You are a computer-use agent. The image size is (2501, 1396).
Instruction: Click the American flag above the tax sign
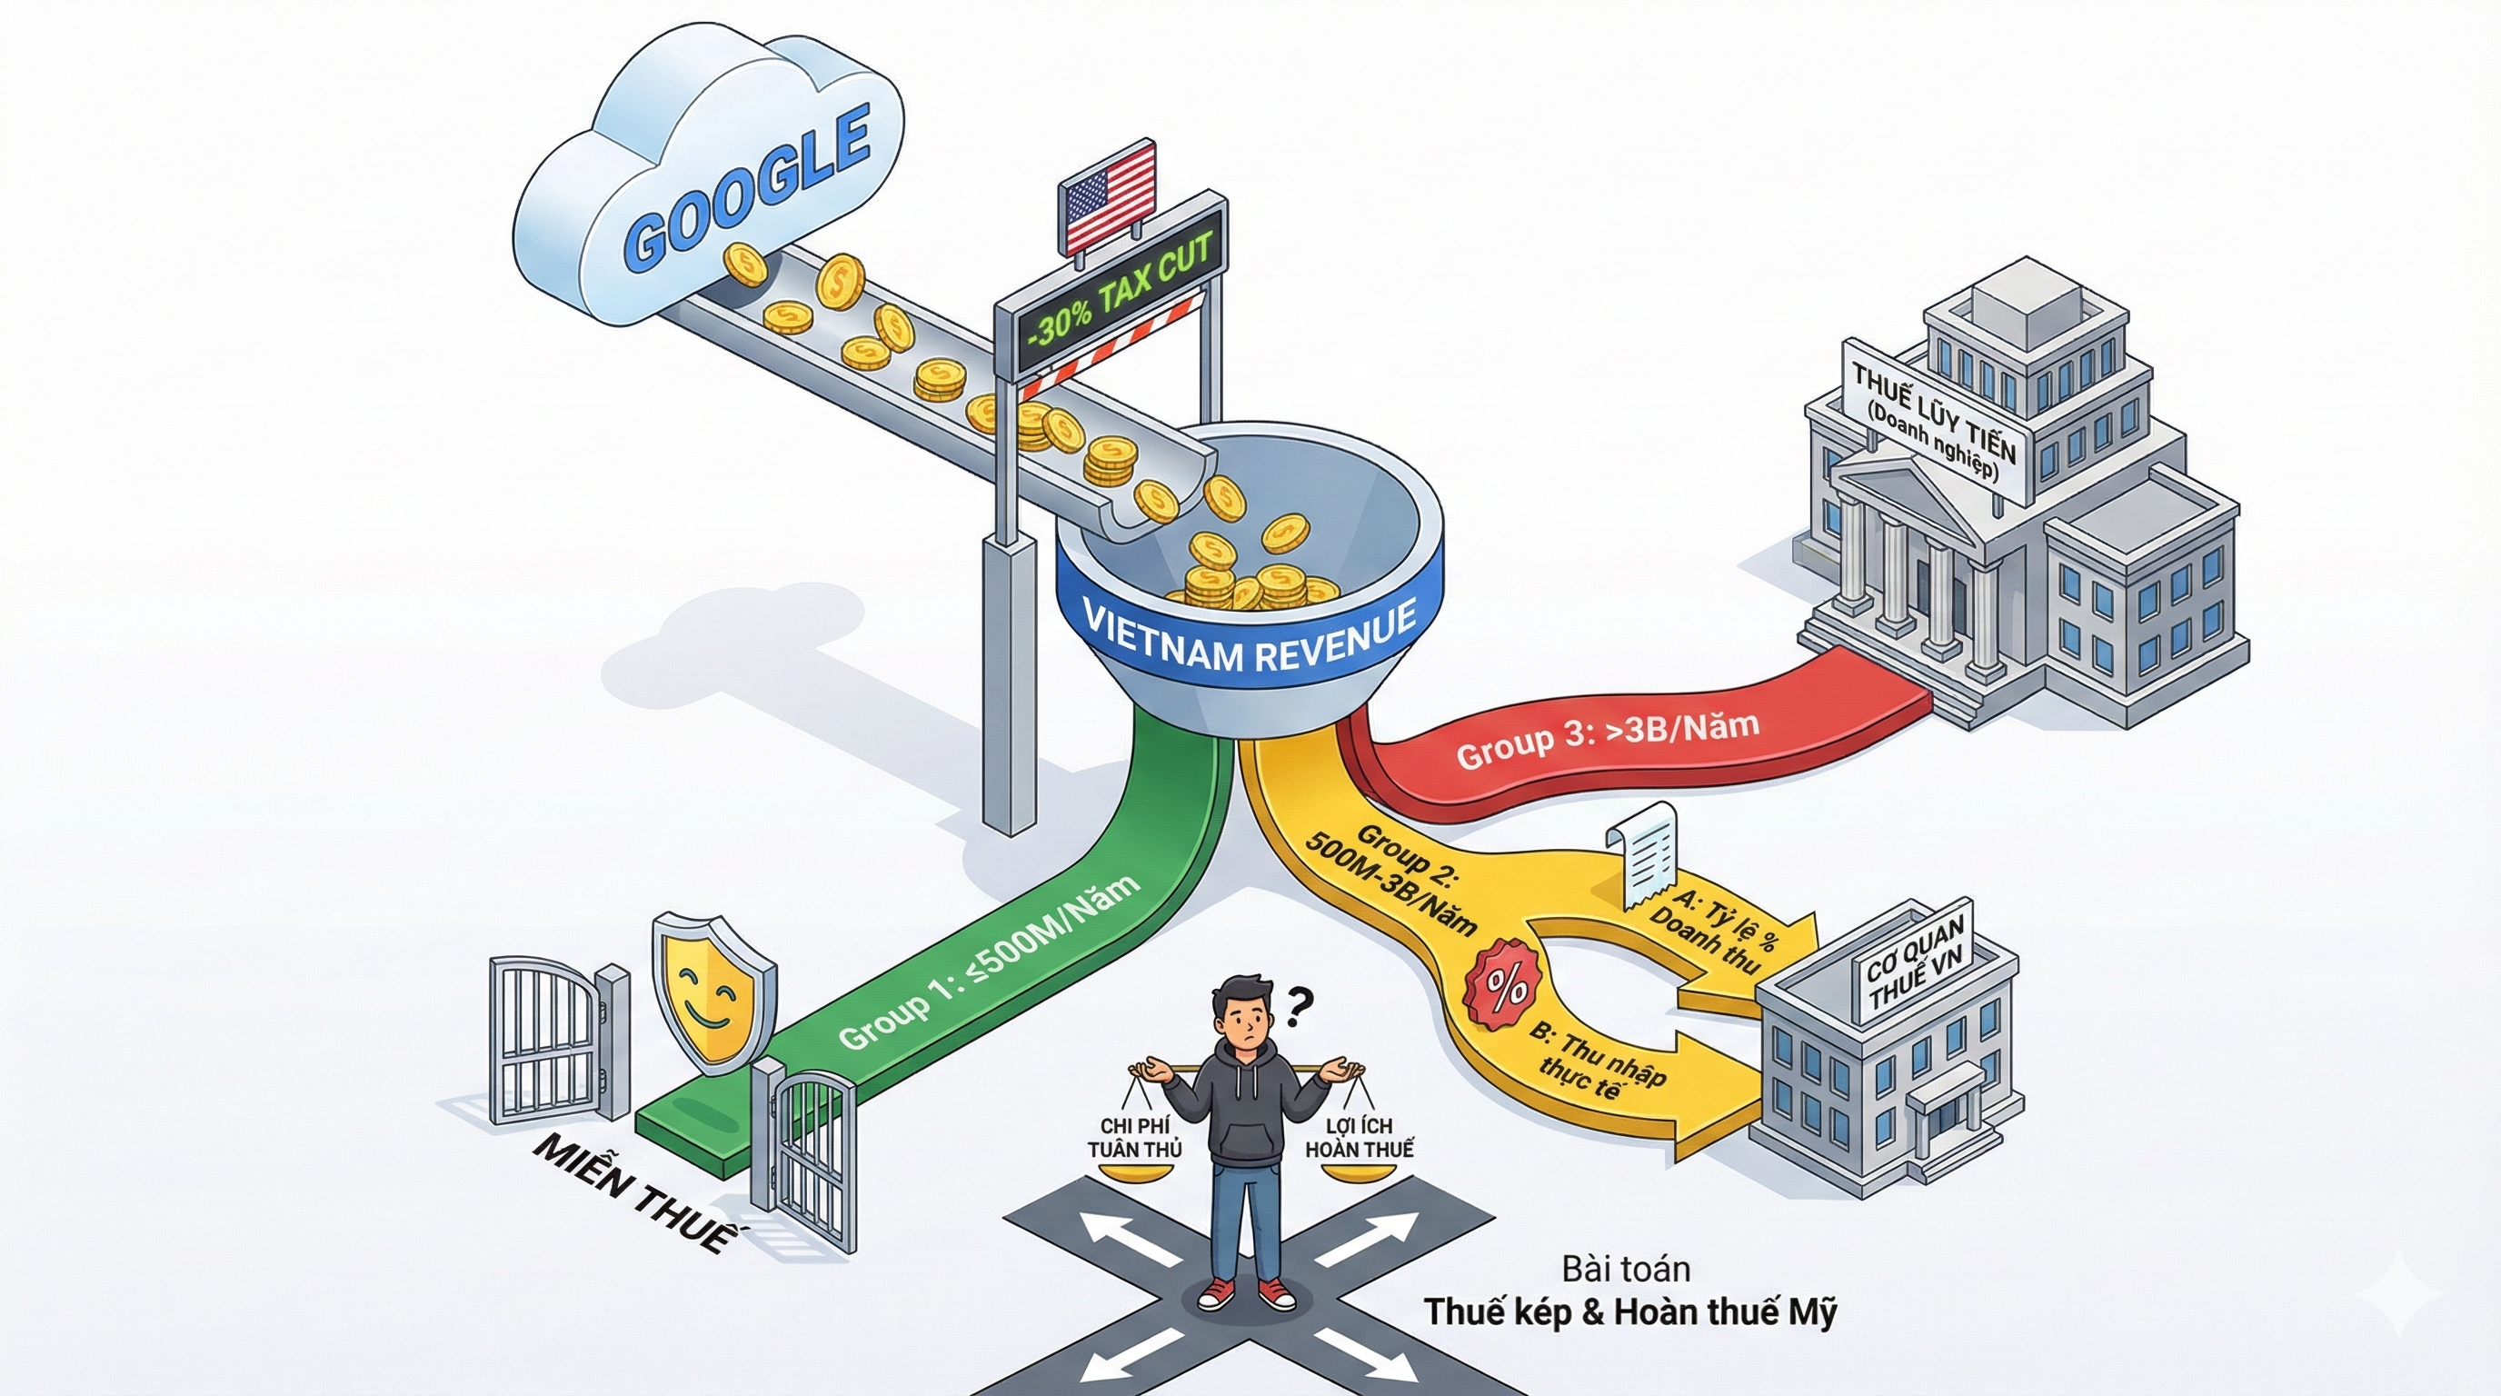pyautogui.click(x=1110, y=195)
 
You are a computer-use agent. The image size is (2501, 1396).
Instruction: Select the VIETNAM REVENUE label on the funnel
pyautogui.click(x=1249, y=637)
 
